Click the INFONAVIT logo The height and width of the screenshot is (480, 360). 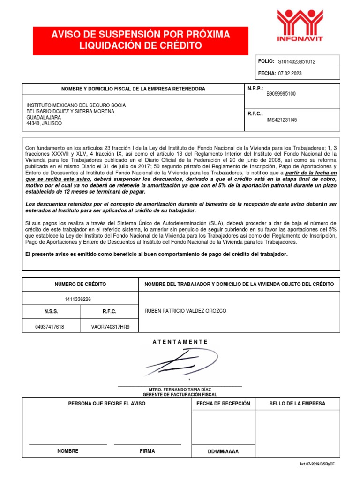[300, 26]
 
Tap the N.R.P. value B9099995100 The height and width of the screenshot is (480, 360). [281, 94]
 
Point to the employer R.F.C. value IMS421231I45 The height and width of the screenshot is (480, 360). [281, 120]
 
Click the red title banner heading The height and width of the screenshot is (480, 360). [134, 41]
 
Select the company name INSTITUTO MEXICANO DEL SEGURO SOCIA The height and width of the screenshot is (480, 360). [76, 105]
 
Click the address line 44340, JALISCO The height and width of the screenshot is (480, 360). [44, 123]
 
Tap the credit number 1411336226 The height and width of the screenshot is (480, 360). [81, 299]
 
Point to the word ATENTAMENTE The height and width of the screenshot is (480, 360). [180, 342]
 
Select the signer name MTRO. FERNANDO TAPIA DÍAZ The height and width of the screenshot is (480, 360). [180, 390]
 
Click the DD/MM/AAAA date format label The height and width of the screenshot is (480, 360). [223, 451]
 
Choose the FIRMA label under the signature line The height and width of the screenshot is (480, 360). [147, 451]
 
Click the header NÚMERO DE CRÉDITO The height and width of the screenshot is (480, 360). [81, 284]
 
